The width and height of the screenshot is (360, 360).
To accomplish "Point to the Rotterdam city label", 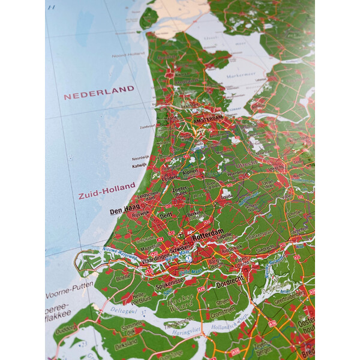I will coord(208,232).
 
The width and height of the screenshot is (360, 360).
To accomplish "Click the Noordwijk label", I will coord(140,157).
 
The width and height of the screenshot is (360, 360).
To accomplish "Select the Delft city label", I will coord(165,214).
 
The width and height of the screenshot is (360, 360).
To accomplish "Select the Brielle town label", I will coord(122,278).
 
